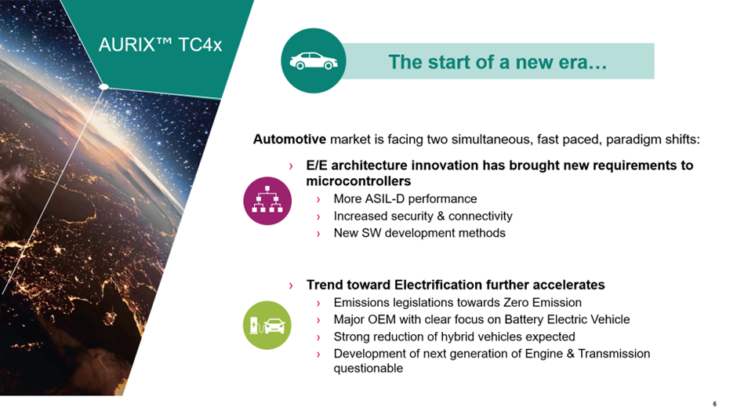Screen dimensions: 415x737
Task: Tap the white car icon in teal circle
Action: (x=313, y=61)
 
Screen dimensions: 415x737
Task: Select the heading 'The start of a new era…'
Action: (x=498, y=62)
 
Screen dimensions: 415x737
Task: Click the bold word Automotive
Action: (x=289, y=140)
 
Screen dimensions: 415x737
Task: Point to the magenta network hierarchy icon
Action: (x=267, y=200)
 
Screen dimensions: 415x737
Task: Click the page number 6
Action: (x=714, y=404)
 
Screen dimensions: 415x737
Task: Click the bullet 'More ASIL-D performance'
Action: (x=405, y=199)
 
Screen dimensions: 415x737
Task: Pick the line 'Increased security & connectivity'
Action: (x=423, y=216)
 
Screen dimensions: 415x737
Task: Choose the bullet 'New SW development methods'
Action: (x=419, y=233)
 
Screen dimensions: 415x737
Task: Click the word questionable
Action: (x=368, y=368)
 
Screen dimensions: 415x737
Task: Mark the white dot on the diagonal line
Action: (x=103, y=87)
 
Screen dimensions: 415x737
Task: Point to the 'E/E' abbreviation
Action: (x=318, y=166)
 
